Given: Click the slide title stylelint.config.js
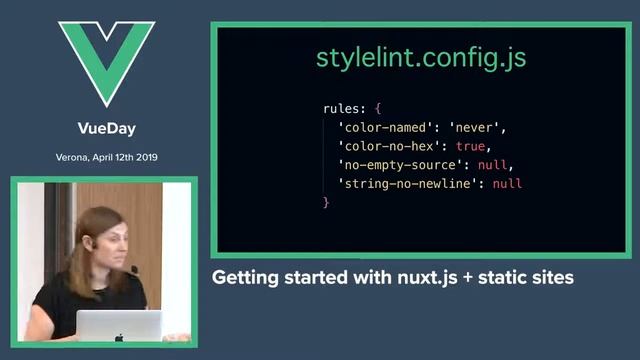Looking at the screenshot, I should [421, 57].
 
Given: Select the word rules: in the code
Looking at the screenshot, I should [345, 108].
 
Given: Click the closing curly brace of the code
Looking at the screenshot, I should [326, 203].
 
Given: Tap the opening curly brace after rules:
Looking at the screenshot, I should [378, 108].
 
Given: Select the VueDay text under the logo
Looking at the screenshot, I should [106, 128].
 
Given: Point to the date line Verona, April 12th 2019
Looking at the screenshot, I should [106, 157].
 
